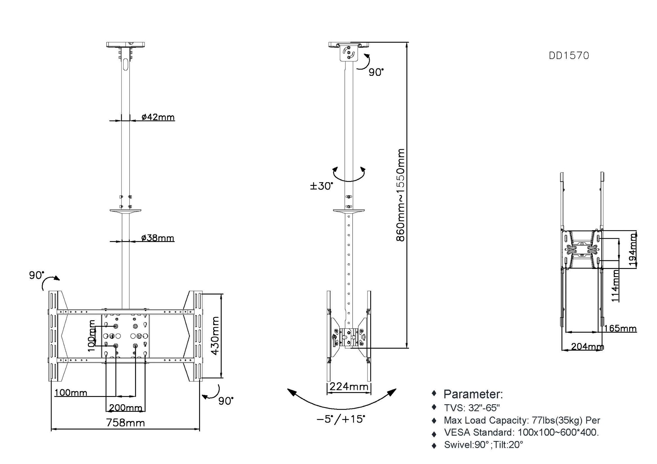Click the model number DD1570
click(x=569, y=55)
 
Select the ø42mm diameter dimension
click(x=158, y=117)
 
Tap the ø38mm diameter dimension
click(x=158, y=238)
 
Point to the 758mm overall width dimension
click(x=125, y=423)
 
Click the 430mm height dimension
click(x=215, y=335)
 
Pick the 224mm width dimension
click(x=349, y=387)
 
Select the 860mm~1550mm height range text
click(x=400, y=195)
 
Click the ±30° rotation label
click(x=322, y=186)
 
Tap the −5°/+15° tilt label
click(x=341, y=419)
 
